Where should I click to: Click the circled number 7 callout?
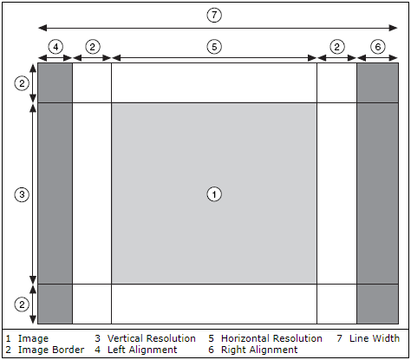pos(214,15)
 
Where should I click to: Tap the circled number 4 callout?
pos(55,47)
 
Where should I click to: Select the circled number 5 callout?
pos(214,47)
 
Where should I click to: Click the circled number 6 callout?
pos(378,47)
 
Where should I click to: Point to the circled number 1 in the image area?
pos(214,194)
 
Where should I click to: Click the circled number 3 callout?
pos(22,194)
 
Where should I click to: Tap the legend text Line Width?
pos(375,338)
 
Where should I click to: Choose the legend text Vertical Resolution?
pos(152,338)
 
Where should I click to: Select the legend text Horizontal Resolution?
pos(271,338)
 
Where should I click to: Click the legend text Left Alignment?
pos(142,350)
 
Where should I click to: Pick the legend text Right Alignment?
pos(259,350)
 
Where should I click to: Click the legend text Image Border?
pos(51,350)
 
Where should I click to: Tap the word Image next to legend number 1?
pos(33,338)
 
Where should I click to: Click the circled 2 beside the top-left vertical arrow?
pos(22,83)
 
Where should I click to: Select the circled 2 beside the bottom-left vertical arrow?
pos(22,304)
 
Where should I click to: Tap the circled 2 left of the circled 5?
pos(93,47)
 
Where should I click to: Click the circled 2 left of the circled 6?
pos(337,47)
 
